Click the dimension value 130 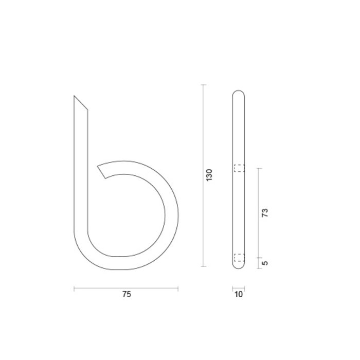tap(209, 175)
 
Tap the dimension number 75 tap(127, 295)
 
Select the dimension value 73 tap(265, 213)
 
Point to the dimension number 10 tap(238, 295)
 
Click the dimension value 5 tap(265, 263)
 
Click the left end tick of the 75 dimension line tap(74, 289)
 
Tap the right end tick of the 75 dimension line tap(178, 289)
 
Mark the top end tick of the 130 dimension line tap(204, 84)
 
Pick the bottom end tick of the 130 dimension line tap(204, 266)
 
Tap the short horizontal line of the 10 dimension tap(238, 288)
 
